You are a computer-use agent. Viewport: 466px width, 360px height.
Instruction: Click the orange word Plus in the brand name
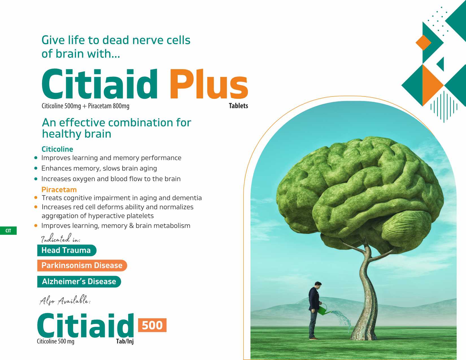(x=209, y=84)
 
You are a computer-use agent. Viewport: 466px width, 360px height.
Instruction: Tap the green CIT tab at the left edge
(x=8, y=231)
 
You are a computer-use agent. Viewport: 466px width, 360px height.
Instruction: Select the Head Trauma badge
(x=67, y=250)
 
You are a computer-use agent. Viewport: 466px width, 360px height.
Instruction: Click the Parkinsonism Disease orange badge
(x=82, y=265)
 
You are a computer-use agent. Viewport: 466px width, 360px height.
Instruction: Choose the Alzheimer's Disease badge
(x=79, y=282)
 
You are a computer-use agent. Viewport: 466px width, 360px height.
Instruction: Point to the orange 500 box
(x=152, y=325)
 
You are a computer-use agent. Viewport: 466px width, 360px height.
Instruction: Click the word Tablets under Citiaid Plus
(x=238, y=106)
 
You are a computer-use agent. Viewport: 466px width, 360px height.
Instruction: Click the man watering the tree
(x=315, y=311)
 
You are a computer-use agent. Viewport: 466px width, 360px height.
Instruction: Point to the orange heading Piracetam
(x=59, y=190)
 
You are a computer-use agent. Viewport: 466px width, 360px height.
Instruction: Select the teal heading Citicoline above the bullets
(x=57, y=149)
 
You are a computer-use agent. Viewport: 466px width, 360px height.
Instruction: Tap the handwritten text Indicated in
(x=61, y=238)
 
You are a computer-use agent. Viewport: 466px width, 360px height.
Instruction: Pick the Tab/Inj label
(x=125, y=341)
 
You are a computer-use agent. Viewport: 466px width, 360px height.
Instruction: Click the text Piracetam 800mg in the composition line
(x=108, y=106)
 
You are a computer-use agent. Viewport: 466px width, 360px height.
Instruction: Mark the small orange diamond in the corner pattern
(x=423, y=43)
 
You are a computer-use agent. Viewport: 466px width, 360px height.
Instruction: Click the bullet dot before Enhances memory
(x=36, y=168)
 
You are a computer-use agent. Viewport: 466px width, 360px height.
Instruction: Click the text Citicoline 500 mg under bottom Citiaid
(x=56, y=341)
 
